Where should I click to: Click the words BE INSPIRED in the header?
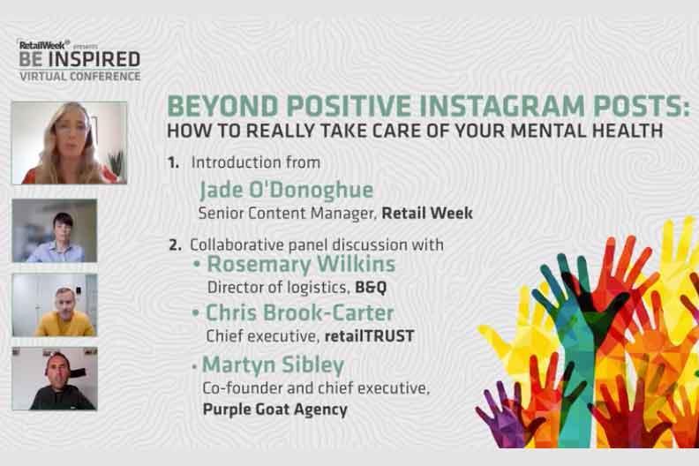coord(79,60)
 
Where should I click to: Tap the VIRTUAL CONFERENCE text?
coord(79,76)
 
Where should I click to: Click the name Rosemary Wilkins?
coord(301,265)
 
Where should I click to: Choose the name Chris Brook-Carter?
coord(299,313)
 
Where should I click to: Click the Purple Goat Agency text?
coord(274,409)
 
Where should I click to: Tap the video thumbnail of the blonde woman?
coord(69,142)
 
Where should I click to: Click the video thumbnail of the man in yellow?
coord(55,305)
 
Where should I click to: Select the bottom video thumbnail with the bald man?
coord(55,379)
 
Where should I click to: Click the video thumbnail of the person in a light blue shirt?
coord(55,231)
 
